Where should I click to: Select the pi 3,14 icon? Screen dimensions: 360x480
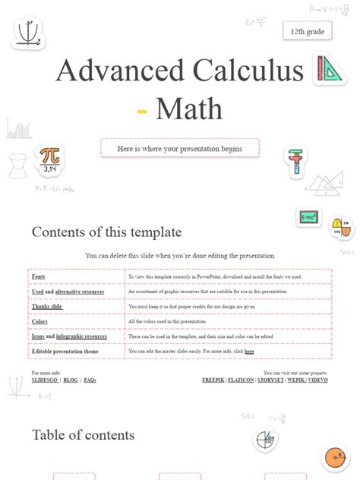[x=50, y=159]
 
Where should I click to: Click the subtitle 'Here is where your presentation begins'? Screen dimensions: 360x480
[x=180, y=148]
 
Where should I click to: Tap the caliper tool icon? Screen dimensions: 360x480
[x=295, y=162]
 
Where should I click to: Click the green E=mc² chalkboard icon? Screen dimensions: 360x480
[x=309, y=217]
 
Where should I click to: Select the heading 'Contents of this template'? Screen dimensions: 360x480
[x=106, y=232]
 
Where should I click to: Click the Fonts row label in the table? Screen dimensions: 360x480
[x=38, y=277]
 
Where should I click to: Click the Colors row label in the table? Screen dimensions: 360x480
[x=39, y=321]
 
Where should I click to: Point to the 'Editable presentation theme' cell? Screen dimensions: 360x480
[x=65, y=352]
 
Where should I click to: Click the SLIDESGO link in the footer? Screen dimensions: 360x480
[x=44, y=380]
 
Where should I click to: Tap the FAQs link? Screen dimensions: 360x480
[x=90, y=380]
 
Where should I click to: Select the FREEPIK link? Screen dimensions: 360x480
[x=216, y=380]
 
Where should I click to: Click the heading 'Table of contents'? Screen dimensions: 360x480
[x=84, y=435]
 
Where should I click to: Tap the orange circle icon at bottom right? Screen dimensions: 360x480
[x=334, y=457]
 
